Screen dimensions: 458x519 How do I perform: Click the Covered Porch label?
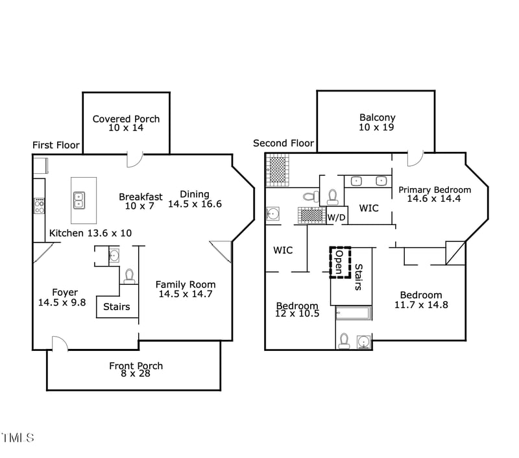pos(126,119)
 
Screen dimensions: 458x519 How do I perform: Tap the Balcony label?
pos(377,118)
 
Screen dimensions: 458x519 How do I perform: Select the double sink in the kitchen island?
pos(78,199)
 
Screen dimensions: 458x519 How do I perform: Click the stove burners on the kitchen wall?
pos(39,206)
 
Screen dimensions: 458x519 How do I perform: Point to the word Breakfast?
pos(141,197)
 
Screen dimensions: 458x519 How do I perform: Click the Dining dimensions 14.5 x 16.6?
pos(195,204)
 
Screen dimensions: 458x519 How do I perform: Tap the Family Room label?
pos(186,285)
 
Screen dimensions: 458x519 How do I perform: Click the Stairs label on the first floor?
pos(117,307)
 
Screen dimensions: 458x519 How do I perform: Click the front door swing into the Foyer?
pos(60,343)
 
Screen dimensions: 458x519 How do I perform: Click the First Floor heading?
pos(56,145)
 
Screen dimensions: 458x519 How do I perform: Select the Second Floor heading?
pos(284,143)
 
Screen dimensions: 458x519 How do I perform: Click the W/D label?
pos(335,217)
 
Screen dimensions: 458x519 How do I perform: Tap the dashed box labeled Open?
pos(339,262)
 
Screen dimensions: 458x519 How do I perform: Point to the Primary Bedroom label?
pos(435,190)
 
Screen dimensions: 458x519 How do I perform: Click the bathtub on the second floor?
pos(354,314)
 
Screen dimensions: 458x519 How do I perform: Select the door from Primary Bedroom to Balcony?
pos(415,159)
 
